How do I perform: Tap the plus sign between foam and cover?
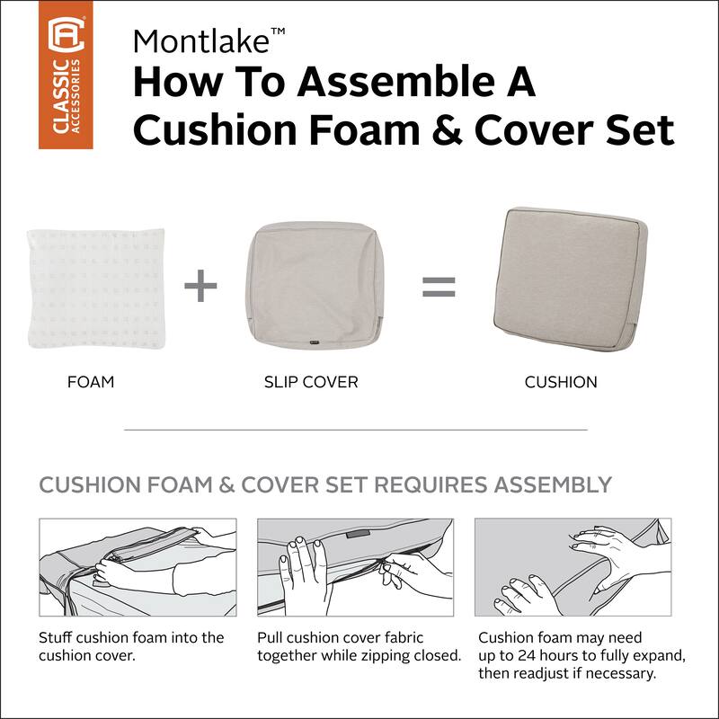201,288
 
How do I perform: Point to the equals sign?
439,288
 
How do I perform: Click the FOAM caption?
91,382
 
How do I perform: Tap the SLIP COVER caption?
311,382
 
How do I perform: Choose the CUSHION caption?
561,382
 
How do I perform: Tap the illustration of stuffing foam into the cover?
138,566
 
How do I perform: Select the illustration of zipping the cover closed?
356,566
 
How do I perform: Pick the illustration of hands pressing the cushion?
573,566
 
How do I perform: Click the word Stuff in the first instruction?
57,637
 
